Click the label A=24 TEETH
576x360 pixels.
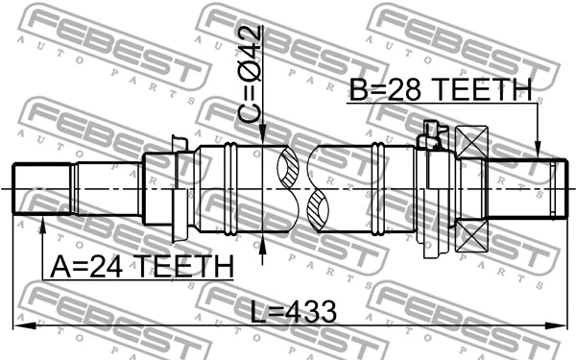(x=137, y=264)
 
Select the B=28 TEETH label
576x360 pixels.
(x=440, y=90)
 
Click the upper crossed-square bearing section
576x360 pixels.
(x=472, y=145)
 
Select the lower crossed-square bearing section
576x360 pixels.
(x=472, y=232)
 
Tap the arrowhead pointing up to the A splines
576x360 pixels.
(x=43, y=223)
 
